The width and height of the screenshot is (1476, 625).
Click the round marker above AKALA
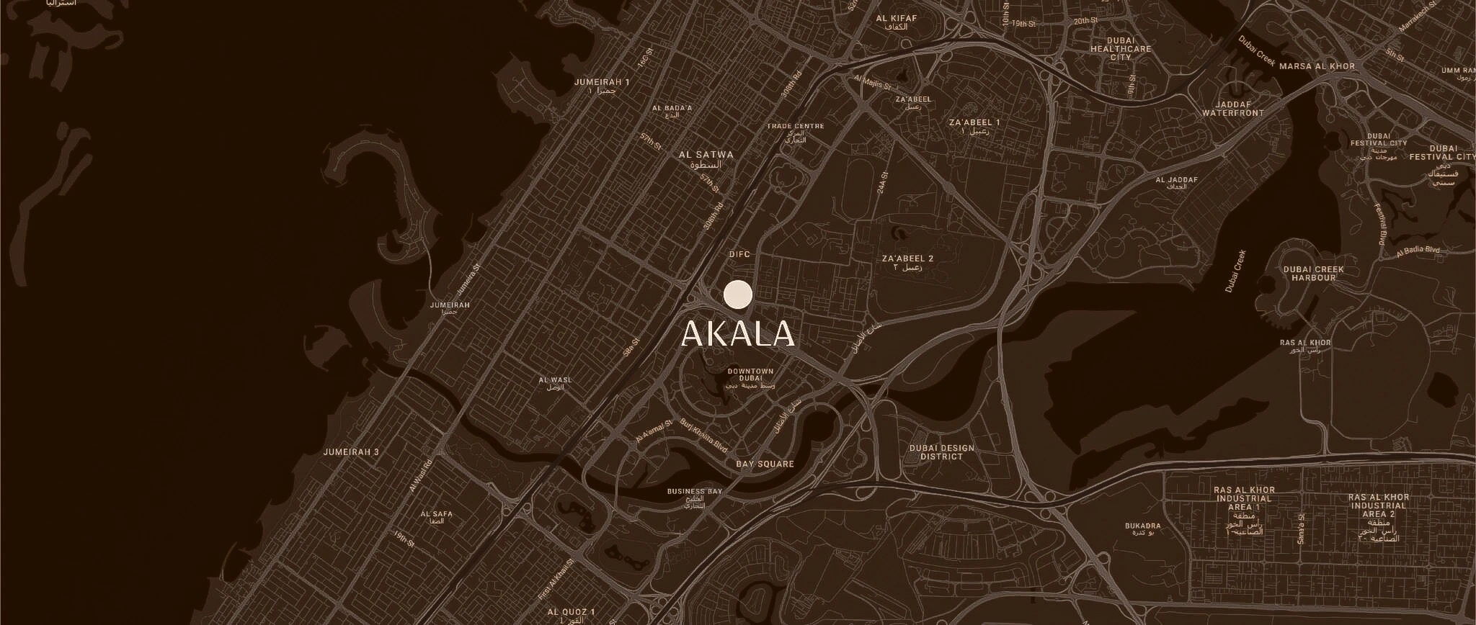pyautogui.click(x=737, y=295)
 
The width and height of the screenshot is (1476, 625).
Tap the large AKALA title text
pyautogui.click(x=737, y=333)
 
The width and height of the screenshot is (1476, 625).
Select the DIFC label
pyautogui.click(x=739, y=254)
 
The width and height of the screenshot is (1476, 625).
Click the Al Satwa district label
pyautogui.click(x=706, y=155)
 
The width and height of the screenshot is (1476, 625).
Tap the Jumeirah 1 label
pyautogui.click(x=602, y=82)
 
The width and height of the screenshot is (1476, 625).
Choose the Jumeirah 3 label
pyautogui.click(x=351, y=452)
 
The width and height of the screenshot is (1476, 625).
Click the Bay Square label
pyautogui.click(x=765, y=464)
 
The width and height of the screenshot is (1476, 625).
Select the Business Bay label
pyautogui.click(x=694, y=492)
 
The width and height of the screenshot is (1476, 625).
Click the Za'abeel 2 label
pyautogui.click(x=907, y=258)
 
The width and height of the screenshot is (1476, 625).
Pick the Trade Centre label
pyautogui.click(x=795, y=127)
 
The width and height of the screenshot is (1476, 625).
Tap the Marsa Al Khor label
pyautogui.click(x=1317, y=66)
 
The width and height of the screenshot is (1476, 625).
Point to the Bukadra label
pyautogui.click(x=1142, y=526)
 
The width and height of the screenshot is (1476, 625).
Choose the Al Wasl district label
pyautogui.click(x=555, y=380)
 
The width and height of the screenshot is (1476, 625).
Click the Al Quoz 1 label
pyautogui.click(x=571, y=612)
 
